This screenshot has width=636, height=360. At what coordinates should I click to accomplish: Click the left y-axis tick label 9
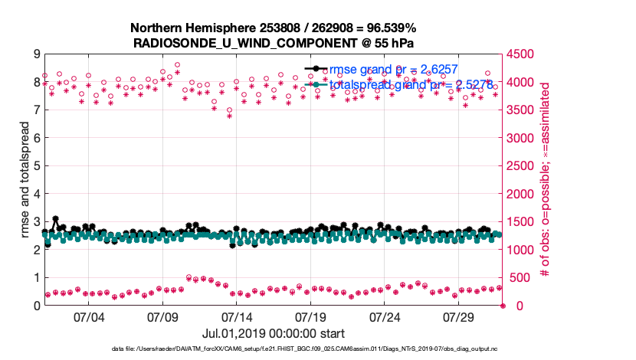tap(35, 54)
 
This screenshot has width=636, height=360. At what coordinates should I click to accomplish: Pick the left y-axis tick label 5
tap(35, 166)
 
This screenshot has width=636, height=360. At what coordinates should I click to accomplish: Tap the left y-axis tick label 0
tap(35, 306)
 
